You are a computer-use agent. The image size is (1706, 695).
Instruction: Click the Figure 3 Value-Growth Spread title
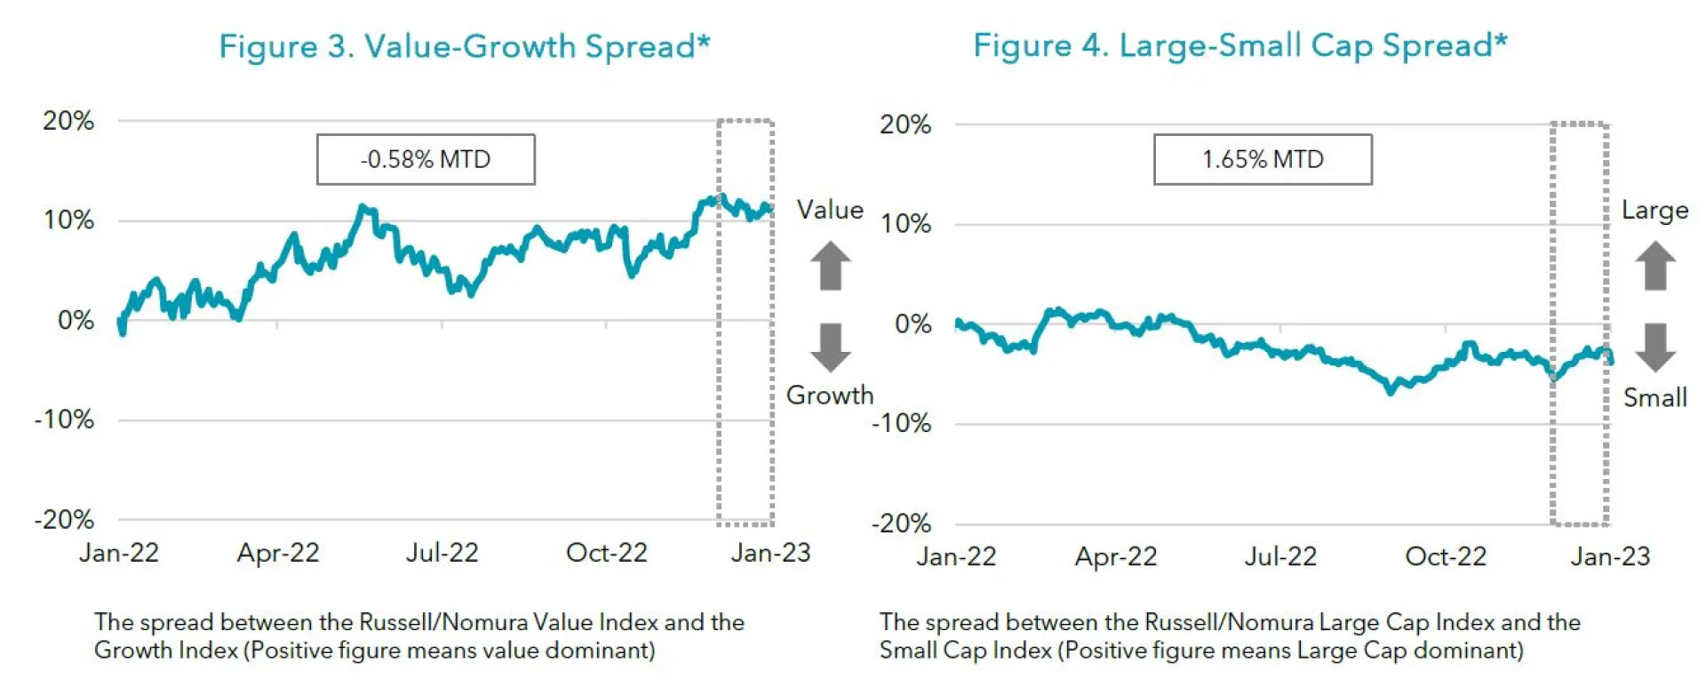coord(464,46)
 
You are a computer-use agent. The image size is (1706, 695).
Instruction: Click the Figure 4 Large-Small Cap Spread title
coord(1240,45)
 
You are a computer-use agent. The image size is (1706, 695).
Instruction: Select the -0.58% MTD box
coord(426,160)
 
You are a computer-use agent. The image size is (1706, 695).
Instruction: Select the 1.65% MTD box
coord(1263,160)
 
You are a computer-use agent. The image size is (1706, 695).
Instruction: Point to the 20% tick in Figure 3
coord(68,121)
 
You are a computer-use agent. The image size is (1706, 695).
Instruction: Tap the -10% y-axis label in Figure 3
coord(64,419)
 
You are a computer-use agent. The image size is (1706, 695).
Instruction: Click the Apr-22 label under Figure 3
coord(278,553)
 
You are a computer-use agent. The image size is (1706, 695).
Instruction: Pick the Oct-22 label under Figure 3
coord(607,553)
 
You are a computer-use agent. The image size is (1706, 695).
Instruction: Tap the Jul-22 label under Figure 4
coord(1280,556)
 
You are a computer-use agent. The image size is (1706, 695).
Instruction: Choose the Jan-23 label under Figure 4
coord(1610,556)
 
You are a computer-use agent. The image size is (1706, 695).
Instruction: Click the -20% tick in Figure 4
coord(901,523)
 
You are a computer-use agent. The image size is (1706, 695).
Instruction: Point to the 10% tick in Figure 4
coord(905,224)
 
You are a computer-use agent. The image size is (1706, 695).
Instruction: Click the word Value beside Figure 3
coord(830,210)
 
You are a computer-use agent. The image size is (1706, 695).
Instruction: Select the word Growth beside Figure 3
coord(830,395)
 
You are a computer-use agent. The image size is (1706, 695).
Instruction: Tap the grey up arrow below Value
coord(831,266)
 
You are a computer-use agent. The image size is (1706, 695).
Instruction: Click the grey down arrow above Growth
coord(831,347)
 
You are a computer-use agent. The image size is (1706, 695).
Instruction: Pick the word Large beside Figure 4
coord(1654,211)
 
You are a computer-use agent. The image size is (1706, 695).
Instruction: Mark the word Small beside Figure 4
coord(1654,397)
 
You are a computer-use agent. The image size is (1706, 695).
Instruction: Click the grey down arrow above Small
coord(1655,347)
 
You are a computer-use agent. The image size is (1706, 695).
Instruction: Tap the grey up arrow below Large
coord(1655,266)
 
